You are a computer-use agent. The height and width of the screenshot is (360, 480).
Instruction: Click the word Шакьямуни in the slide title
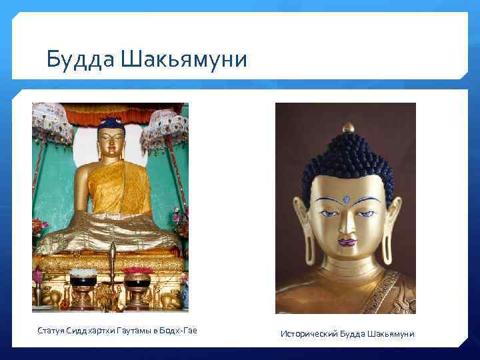click(185, 60)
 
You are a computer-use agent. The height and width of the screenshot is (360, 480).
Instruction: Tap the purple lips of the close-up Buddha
click(347, 241)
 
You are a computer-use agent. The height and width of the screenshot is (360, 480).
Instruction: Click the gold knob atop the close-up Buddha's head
click(347, 127)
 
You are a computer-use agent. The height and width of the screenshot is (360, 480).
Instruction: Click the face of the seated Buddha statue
click(110, 141)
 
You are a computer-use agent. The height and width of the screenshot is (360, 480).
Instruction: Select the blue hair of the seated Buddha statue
click(110, 124)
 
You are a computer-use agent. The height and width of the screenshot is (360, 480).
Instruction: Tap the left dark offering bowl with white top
click(82, 278)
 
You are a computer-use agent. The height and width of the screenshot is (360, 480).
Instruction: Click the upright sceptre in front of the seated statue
click(112, 263)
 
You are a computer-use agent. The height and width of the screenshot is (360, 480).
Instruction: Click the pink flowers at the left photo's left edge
click(37, 227)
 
